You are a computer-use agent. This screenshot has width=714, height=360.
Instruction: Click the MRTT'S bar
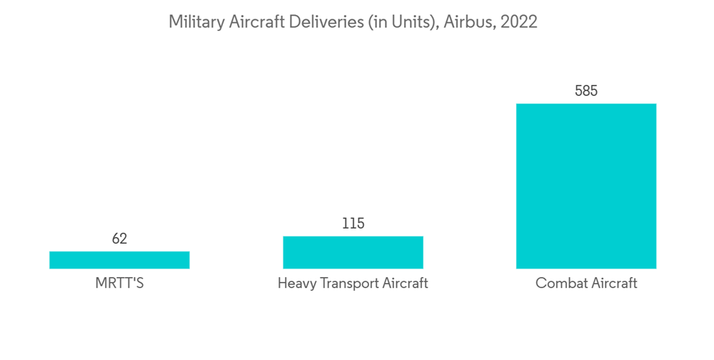point(119,260)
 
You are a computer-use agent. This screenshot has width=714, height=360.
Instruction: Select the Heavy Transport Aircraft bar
point(353,252)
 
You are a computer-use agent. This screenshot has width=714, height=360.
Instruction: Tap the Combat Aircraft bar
point(586,186)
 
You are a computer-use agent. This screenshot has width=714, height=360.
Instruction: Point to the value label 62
point(119,239)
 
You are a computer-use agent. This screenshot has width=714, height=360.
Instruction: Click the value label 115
point(353,224)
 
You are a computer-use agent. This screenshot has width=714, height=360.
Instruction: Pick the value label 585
point(586,91)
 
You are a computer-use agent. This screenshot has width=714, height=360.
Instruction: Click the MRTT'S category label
point(119,284)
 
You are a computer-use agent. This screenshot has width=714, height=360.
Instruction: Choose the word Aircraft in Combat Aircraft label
point(612,284)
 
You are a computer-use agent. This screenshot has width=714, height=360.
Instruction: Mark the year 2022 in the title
point(518,22)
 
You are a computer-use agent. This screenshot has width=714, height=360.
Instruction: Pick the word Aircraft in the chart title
point(256,22)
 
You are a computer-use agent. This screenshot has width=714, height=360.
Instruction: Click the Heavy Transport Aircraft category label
point(353,284)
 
